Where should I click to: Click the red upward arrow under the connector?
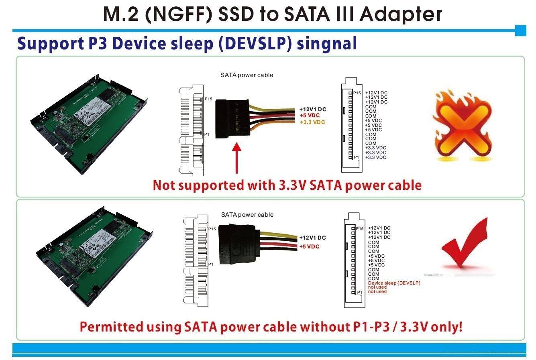click(x=237, y=158)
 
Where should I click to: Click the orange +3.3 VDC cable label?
click(x=312, y=122)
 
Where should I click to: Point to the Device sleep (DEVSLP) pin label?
click(x=394, y=283)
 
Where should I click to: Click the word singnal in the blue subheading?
click(x=327, y=44)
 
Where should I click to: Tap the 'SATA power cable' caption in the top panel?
click(x=247, y=75)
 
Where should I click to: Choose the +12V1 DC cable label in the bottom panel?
click(x=312, y=238)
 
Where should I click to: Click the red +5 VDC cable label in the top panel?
click(x=310, y=116)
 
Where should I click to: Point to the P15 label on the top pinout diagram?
click(x=357, y=93)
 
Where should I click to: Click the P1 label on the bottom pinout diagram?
click(x=360, y=292)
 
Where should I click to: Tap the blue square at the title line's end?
click(x=520, y=31)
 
